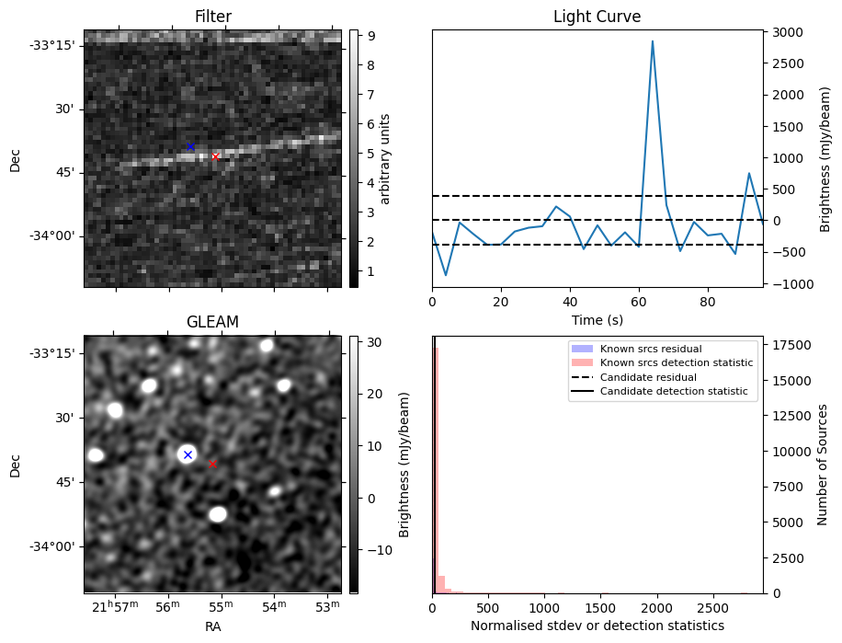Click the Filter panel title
pos(212,17)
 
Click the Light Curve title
pos(597,17)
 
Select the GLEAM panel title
pos(212,322)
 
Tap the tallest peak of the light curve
pos(653,41)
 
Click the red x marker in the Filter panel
pos(215,156)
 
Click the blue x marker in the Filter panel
pos(190,146)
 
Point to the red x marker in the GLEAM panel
pos(212,464)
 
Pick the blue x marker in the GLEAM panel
pos(188,454)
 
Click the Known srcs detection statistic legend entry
pos(676,363)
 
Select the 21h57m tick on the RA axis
pos(114,607)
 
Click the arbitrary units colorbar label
pos(385,158)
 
